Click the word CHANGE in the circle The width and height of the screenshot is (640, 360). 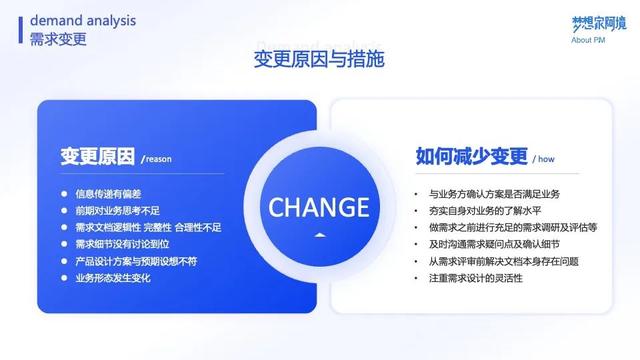pyautogui.click(x=319, y=207)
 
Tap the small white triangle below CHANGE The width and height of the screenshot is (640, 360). pyautogui.click(x=319, y=237)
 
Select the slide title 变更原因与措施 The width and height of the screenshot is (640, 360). pyautogui.click(x=319, y=61)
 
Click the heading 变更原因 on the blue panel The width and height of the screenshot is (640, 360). pyautogui.click(x=97, y=156)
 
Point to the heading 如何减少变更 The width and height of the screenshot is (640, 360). pyautogui.click(x=471, y=156)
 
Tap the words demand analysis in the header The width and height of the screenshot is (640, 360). pyautogui.click(x=84, y=20)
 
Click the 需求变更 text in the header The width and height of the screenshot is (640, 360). pyautogui.click(x=58, y=39)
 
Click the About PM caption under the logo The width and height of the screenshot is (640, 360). pyautogui.click(x=589, y=40)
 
